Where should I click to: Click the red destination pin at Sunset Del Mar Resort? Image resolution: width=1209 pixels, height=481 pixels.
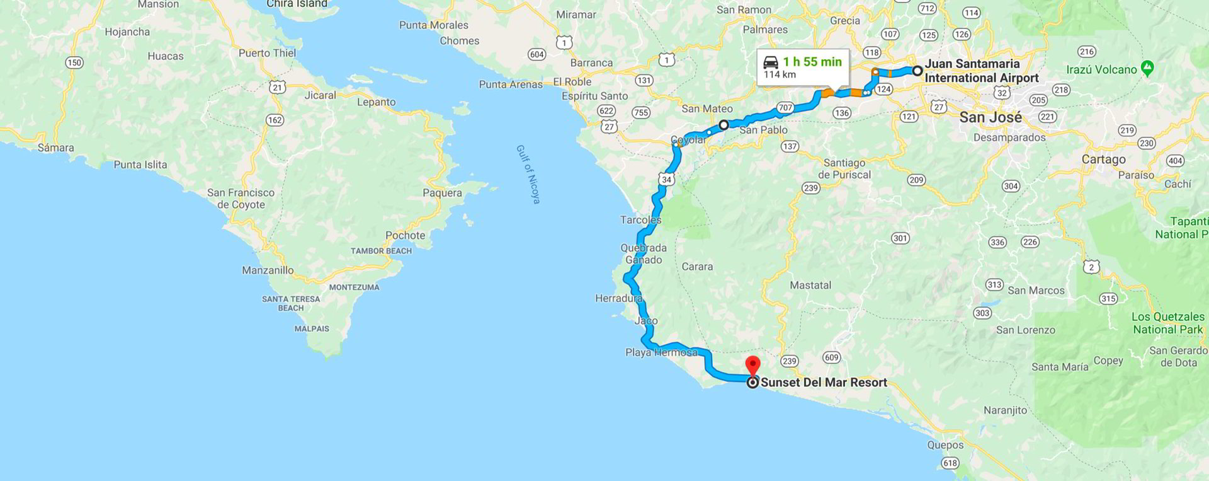pos(752,365)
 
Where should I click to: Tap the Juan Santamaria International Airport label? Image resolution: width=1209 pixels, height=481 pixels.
pos(981,71)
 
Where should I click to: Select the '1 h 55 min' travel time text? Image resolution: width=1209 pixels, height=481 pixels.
pos(812,62)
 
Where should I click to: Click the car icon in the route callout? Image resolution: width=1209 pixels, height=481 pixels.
pos(771,62)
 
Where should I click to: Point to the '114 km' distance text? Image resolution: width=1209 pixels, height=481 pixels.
pos(780,75)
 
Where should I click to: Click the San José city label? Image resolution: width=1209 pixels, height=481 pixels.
pos(990,117)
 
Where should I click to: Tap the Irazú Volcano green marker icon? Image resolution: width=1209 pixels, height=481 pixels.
pos(1147,69)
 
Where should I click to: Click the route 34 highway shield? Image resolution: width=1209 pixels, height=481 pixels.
pos(666,180)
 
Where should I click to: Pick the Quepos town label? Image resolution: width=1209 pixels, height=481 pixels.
pos(945,445)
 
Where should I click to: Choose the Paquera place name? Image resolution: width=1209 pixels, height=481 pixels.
pos(442,193)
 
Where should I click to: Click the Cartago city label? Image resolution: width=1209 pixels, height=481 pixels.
pos(1103,159)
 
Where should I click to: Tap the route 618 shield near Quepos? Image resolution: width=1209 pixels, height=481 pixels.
pos(950,463)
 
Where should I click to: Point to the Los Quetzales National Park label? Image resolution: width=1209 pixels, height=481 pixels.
pos(1168,323)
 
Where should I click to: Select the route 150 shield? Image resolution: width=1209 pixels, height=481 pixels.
pos(74,62)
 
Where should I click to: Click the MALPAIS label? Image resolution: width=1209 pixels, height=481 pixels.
pos(312,328)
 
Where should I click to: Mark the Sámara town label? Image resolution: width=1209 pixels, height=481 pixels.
pos(56,148)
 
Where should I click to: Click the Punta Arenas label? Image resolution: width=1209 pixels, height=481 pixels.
pos(511,84)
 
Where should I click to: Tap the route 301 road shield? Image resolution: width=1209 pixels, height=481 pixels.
pos(900,238)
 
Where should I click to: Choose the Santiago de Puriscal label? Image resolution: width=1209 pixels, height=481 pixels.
pos(844,169)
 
